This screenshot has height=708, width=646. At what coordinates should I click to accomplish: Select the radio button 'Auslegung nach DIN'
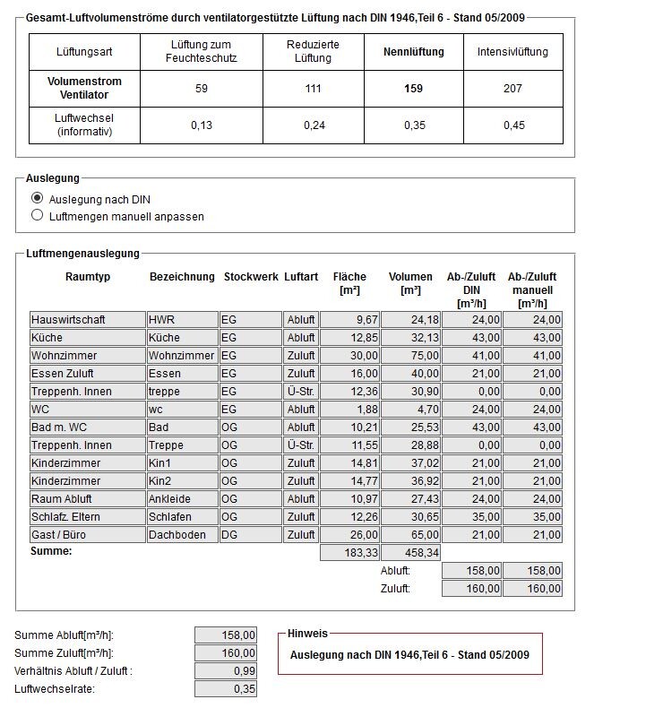coord(37,198)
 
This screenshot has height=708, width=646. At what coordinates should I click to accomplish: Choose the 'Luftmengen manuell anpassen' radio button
coord(37,216)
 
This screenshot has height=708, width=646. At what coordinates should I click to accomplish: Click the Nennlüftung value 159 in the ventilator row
coord(413,89)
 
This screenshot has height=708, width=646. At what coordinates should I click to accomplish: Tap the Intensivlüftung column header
coord(512,52)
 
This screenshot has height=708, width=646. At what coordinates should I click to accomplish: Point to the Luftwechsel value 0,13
coord(202,125)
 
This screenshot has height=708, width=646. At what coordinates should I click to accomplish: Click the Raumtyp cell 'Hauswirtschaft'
coord(87,320)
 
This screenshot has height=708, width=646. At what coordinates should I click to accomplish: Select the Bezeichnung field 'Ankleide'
coord(182,499)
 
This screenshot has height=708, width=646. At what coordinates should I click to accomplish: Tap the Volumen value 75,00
coord(410,356)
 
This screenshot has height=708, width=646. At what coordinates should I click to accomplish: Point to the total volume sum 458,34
coord(410,554)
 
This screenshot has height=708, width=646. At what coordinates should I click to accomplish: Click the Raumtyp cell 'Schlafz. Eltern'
coord(87,517)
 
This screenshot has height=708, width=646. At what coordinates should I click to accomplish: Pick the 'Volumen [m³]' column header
coord(410,284)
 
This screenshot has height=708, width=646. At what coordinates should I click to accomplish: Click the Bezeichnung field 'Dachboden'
coord(182,535)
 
